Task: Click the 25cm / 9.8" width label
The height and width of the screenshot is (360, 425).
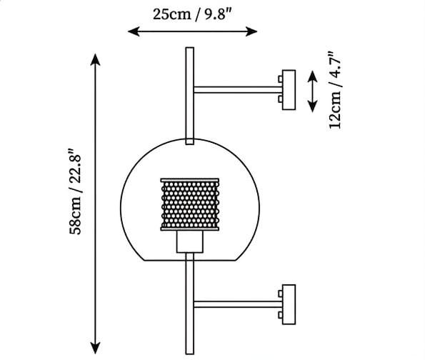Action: [192, 14]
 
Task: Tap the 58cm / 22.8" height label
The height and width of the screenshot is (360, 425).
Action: [75, 191]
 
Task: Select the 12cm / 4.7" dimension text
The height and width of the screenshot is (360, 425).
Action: [335, 90]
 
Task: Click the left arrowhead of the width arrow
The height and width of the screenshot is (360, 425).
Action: [134, 31]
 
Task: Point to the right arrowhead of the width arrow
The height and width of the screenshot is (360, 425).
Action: [251, 31]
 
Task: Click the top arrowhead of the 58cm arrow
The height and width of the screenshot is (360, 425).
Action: [95, 59]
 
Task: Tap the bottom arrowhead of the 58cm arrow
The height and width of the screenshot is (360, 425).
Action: [95, 348]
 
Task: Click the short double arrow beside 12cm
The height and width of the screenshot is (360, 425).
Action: [313, 91]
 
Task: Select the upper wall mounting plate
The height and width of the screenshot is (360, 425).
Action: [289, 90]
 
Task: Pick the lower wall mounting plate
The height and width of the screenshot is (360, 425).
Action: [289, 304]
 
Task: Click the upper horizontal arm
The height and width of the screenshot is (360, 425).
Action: [238, 90]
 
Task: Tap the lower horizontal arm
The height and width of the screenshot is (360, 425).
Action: [238, 304]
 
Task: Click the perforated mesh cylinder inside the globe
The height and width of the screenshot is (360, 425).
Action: [190, 204]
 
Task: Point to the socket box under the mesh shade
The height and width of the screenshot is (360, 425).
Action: [190, 242]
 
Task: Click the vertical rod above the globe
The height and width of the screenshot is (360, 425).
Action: [190, 96]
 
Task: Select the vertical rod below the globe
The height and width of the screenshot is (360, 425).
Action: [190, 304]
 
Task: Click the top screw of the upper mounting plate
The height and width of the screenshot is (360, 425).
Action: [280, 79]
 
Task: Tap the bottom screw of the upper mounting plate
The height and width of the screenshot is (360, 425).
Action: [280, 99]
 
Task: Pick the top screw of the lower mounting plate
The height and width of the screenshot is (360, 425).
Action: [280, 294]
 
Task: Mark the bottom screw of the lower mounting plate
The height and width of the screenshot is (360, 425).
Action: [280, 315]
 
